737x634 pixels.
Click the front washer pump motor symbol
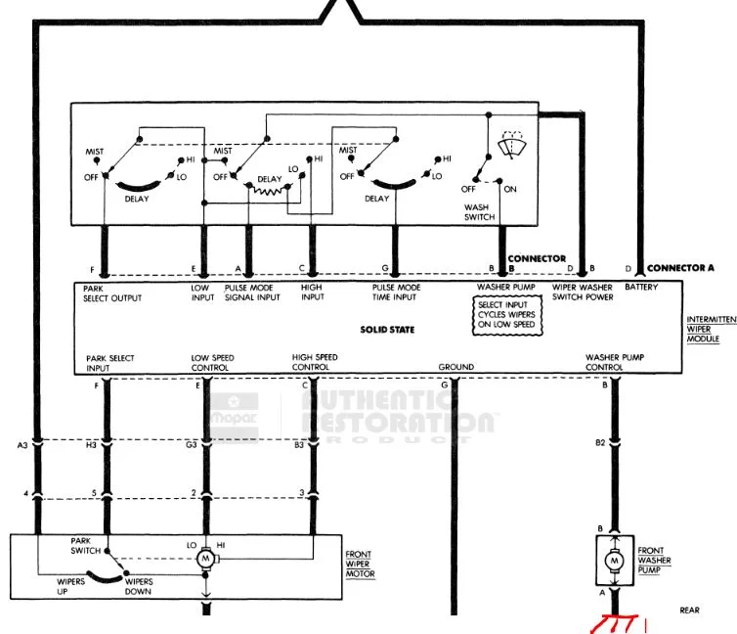614,561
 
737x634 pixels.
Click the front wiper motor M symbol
205,559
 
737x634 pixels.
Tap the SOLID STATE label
387,330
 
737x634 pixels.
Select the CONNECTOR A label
680,268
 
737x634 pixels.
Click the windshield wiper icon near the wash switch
512,144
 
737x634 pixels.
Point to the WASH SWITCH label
479,212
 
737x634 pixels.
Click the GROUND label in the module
455,367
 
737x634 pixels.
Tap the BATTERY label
641,287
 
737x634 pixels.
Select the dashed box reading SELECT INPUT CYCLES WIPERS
507,315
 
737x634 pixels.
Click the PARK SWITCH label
86,546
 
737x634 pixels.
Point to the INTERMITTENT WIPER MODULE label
712,329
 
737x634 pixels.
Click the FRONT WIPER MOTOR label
360,564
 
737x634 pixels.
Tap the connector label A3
22,445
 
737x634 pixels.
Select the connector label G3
191,444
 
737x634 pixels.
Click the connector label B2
600,442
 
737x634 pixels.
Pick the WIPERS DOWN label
139,586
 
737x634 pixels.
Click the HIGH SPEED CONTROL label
315,362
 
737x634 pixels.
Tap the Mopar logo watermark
234,417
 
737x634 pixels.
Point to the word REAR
689,610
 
